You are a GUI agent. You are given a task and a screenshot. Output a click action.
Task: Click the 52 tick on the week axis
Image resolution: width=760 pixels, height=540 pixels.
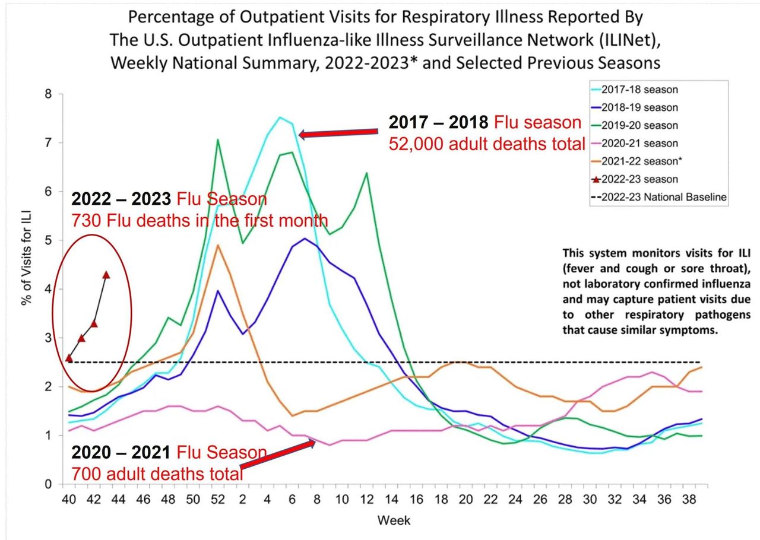[218, 500]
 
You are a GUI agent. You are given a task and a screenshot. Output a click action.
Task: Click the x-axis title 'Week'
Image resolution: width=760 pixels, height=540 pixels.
[394, 521]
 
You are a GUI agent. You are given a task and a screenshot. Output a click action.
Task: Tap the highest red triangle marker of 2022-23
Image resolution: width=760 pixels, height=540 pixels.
[106, 275]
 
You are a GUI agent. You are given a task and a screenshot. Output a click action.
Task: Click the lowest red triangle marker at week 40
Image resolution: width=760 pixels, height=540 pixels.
[69, 358]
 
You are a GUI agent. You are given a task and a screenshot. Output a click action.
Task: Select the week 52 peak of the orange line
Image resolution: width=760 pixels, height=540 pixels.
[218, 245]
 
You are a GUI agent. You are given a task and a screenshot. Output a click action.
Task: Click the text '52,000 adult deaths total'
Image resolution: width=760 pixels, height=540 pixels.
[487, 144]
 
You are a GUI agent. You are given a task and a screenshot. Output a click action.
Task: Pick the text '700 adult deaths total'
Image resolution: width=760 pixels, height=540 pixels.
[157, 474]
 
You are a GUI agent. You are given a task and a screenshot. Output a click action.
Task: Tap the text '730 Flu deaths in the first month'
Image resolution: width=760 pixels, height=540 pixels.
[199, 221]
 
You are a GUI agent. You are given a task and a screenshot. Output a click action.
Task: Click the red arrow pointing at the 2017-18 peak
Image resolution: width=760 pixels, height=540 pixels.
[338, 134]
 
